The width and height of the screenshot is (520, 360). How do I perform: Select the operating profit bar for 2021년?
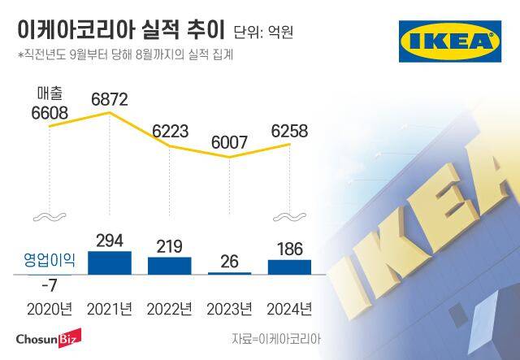coord(109,262)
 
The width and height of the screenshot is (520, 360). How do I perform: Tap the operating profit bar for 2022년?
coord(169,266)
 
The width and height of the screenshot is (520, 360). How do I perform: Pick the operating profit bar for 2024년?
coord(289,267)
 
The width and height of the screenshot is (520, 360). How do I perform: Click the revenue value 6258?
coord(290,131)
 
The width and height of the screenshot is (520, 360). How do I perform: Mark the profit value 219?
coord(169,245)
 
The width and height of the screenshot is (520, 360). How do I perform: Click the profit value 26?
coord(229,262)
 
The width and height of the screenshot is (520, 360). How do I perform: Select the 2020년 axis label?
coord(49,309)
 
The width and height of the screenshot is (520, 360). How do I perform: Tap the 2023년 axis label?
coord(229,309)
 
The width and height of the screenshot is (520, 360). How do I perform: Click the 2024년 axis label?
coord(289,309)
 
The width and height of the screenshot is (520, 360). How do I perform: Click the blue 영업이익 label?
coord(48,261)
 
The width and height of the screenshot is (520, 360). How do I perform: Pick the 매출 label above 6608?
coord(50,92)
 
